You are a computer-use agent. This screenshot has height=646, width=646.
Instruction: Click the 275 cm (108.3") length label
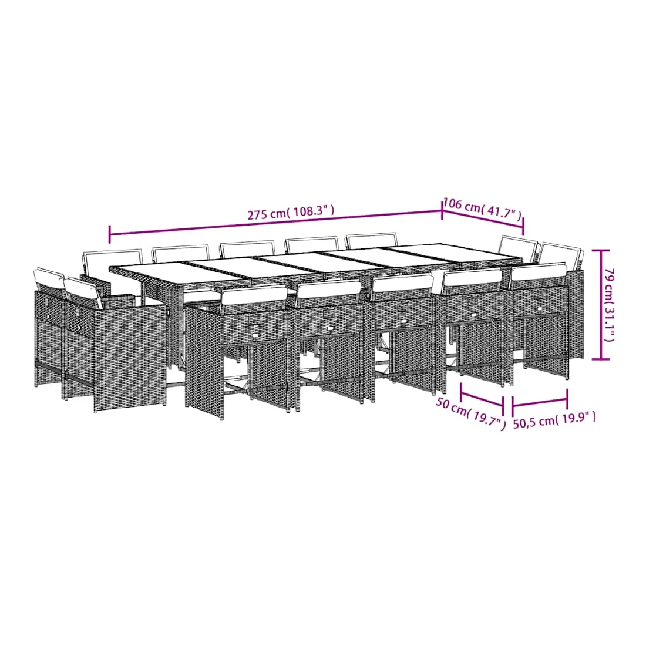(x=291, y=213)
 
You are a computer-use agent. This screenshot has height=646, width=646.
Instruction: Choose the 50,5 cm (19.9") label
(x=554, y=420)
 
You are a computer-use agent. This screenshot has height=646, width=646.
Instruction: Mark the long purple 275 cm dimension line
(x=275, y=223)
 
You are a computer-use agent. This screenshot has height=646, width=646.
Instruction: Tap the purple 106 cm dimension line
(x=483, y=218)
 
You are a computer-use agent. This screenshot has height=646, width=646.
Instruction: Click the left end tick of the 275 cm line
(x=110, y=234)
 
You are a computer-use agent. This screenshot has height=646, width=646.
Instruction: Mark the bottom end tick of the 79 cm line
(x=601, y=359)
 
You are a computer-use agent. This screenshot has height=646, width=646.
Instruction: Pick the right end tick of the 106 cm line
(x=523, y=226)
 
